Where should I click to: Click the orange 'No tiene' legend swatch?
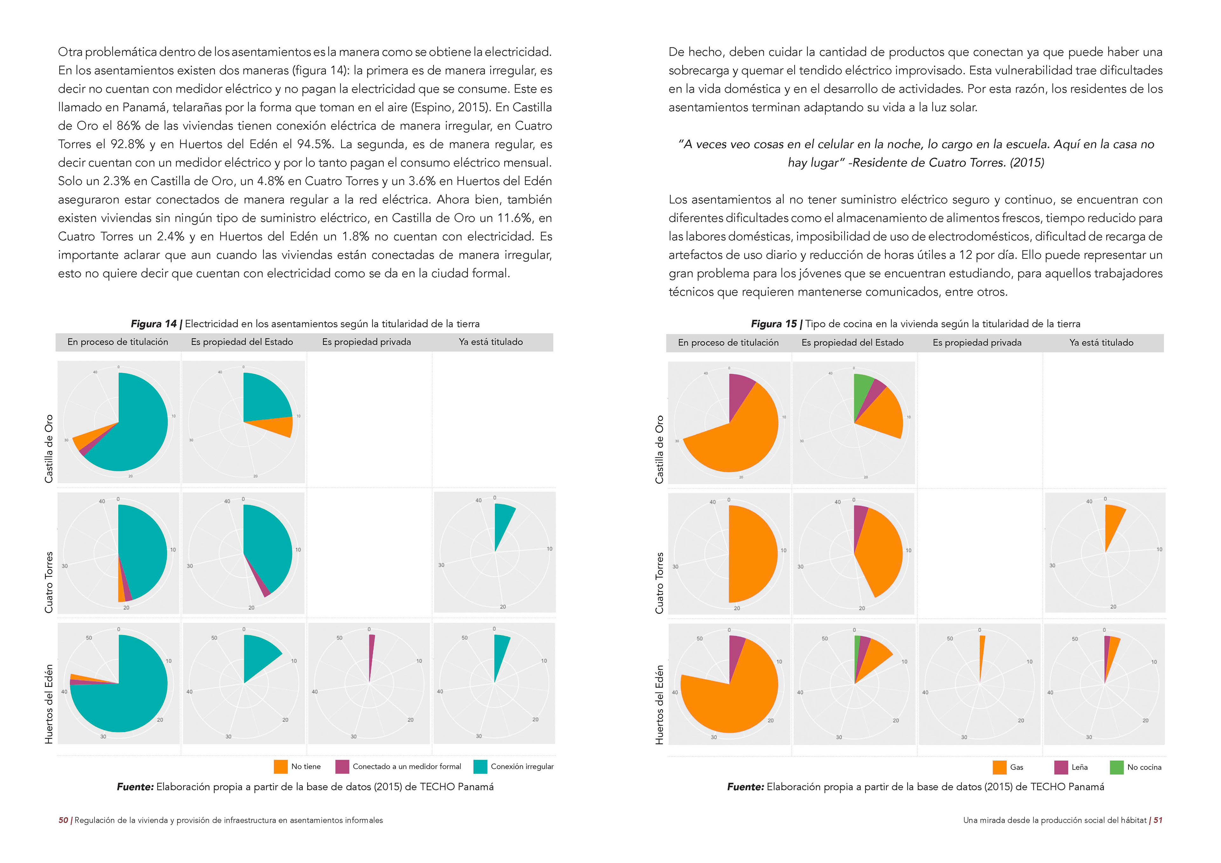click(280, 766)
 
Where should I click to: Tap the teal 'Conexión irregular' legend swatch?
click(480, 766)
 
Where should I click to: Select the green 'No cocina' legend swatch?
click(1117, 767)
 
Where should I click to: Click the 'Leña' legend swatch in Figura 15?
click(1061, 767)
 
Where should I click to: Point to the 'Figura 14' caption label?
click(153, 324)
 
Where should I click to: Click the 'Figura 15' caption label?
click(773, 324)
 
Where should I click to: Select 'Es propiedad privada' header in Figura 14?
click(366, 342)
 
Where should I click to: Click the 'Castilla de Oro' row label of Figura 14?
click(49, 448)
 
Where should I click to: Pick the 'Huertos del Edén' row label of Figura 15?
click(659, 704)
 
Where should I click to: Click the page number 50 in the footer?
click(63, 820)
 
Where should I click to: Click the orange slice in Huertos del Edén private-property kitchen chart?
click(981, 651)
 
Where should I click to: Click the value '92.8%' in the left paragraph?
click(128, 144)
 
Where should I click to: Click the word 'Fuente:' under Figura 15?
click(745, 786)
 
